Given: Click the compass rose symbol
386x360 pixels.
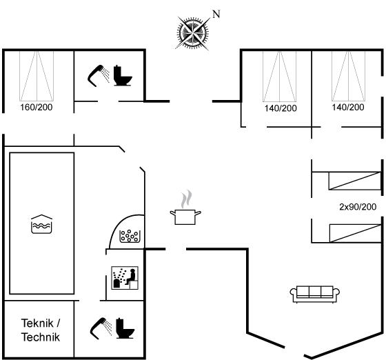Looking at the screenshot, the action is (193, 32).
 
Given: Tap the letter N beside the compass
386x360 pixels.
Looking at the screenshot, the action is (216, 14).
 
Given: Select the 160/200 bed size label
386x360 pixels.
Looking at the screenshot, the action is (36, 108).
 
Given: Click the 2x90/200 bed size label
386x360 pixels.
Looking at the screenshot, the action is (358, 207).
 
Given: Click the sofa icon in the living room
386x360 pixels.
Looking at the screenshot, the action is (315, 294).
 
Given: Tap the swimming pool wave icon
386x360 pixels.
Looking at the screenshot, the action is (41, 224).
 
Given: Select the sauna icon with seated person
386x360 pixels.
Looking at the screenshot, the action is (125, 278).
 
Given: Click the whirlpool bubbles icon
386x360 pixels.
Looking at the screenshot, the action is (130, 236).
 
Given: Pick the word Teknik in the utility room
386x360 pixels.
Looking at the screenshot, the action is (37, 323).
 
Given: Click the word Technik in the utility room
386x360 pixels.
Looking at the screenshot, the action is (41, 337).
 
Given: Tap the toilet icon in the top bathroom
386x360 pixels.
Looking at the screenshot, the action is (123, 76).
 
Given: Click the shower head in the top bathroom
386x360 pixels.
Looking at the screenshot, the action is (99, 76).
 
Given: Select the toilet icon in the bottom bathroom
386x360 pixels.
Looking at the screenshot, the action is (125, 328).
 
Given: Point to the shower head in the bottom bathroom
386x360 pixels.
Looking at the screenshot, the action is (101, 329).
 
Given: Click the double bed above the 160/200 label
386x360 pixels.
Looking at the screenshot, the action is (37, 76).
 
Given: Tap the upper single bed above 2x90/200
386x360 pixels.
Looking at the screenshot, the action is (355, 181).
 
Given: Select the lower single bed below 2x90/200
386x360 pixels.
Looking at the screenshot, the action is (356, 233).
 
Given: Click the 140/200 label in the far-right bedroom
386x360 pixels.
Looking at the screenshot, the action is (348, 108).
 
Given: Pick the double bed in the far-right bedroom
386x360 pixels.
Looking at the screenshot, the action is (348, 76).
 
